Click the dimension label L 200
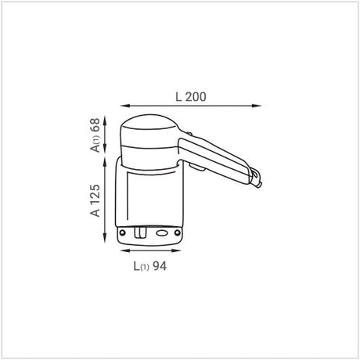(x=190, y=97)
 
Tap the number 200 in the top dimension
(x=197, y=97)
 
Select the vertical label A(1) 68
(x=95, y=135)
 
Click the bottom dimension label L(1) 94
(x=149, y=265)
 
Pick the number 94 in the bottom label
(x=160, y=265)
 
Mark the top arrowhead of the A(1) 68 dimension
(x=106, y=117)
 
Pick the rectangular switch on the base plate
(x=139, y=232)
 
